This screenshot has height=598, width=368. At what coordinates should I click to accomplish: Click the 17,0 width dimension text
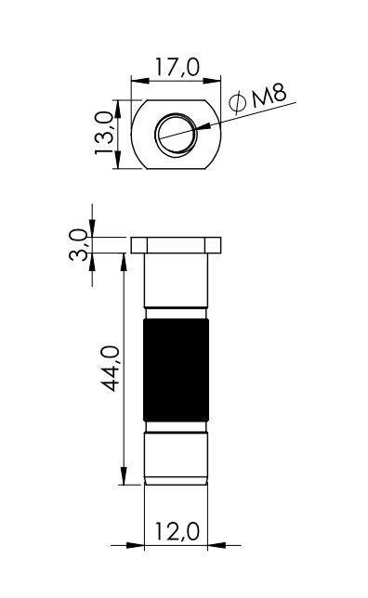[x=177, y=68]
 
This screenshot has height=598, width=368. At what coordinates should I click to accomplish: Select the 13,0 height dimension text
[x=104, y=133]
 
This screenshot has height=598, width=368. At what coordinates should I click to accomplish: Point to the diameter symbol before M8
[x=237, y=102]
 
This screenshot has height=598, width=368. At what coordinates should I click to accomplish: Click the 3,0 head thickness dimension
[x=79, y=244]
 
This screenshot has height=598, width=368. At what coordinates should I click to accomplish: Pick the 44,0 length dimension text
[x=112, y=369]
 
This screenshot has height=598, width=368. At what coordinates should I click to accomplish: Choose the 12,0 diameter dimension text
[x=177, y=531]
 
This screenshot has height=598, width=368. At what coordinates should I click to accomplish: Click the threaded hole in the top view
[x=176, y=134]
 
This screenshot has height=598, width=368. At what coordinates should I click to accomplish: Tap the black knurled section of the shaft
[x=176, y=370]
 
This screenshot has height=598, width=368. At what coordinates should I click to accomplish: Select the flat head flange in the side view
[x=176, y=245]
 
